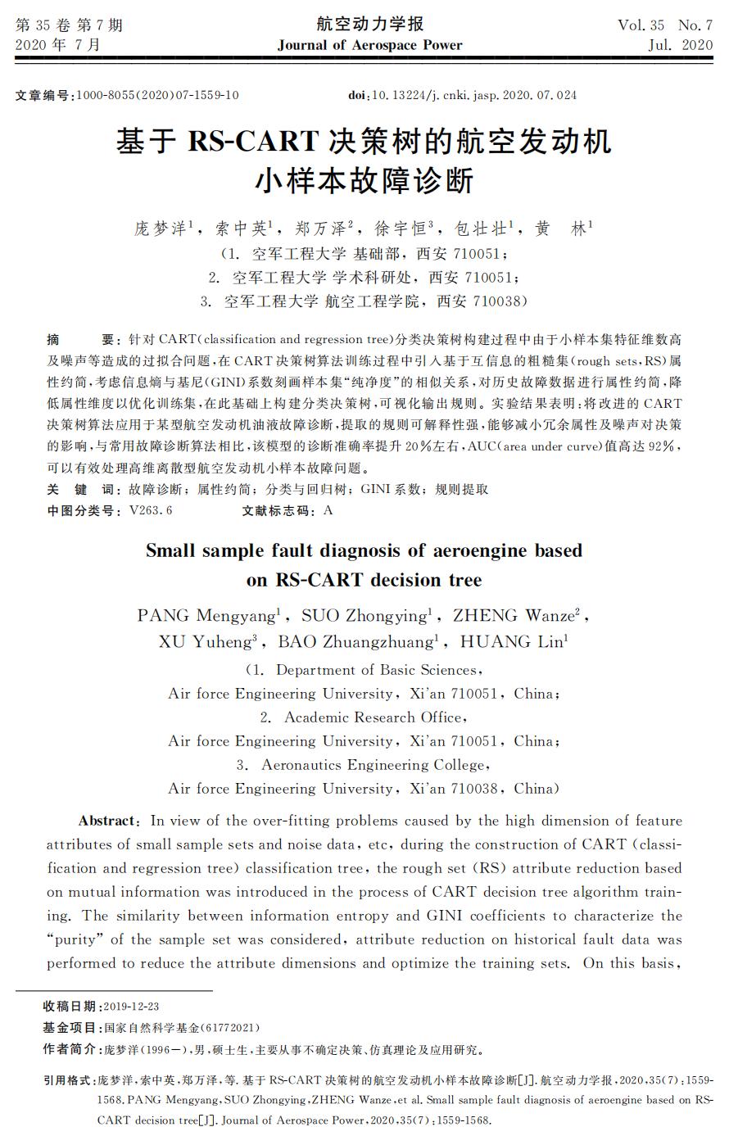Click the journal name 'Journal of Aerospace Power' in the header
(x=369, y=45)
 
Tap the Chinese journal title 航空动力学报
(x=369, y=24)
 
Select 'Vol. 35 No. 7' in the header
(x=664, y=25)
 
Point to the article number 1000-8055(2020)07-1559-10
(x=157, y=95)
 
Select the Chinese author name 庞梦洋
(x=161, y=229)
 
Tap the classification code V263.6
(x=151, y=510)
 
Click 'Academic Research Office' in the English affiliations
(x=373, y=717)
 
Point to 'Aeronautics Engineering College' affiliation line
(x=374, y=765)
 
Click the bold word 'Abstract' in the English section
(x=106, y=821)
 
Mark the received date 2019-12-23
(x=131, y=1006)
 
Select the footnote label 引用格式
(x=68, y=1080)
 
